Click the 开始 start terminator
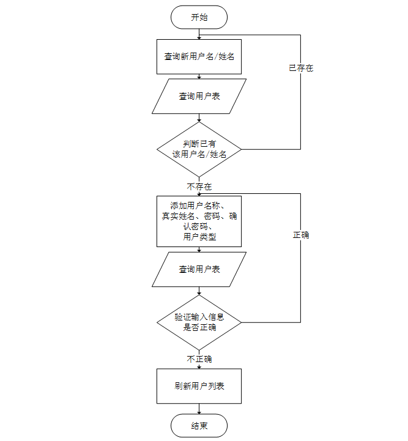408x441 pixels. (199, 17)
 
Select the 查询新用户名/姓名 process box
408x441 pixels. (199, 56)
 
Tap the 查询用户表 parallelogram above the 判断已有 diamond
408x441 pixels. (199, 96)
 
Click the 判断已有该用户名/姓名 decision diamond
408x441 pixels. (199, 149)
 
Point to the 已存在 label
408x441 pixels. (301, 68)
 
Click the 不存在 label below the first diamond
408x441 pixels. (199, 185)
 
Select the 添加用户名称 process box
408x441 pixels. (199, 221)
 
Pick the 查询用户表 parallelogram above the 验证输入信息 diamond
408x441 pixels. (199, 269)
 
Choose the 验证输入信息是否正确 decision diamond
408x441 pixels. (199, 322)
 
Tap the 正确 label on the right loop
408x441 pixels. (301, 234)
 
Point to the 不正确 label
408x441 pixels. (199, 358)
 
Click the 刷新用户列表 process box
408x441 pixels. (199, 386)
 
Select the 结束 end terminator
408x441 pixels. (199, 426)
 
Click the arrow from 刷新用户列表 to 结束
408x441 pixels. (199, 409)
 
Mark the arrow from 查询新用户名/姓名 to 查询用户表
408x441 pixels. (199, 76)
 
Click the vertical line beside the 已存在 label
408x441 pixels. (301, 104)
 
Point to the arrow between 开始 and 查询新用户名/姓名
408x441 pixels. (199, 34)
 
